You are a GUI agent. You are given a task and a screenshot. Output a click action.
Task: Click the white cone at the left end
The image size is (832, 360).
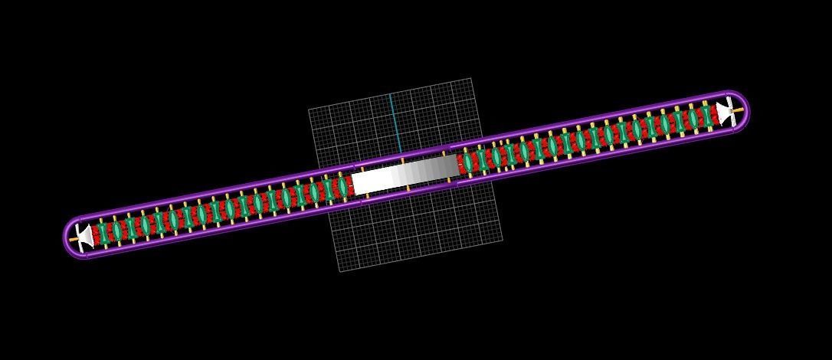point(86,236)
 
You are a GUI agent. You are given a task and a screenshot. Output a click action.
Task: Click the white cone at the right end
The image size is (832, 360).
point(723,112)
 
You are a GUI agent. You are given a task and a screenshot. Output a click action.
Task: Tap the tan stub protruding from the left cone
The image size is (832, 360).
point(74,239)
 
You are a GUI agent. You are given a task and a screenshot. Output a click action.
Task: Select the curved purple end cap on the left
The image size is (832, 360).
point(67,235)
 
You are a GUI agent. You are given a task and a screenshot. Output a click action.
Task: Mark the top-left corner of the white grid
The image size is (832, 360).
point(309,110)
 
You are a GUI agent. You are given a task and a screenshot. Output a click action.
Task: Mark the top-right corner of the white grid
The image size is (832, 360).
point(470,78)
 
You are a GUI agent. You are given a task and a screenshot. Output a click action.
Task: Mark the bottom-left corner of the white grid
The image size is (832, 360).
point(340,271)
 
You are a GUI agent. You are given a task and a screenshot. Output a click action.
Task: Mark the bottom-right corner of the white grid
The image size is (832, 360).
point(502,240)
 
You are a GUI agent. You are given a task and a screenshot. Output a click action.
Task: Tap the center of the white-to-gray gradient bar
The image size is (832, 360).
point(405,174)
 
